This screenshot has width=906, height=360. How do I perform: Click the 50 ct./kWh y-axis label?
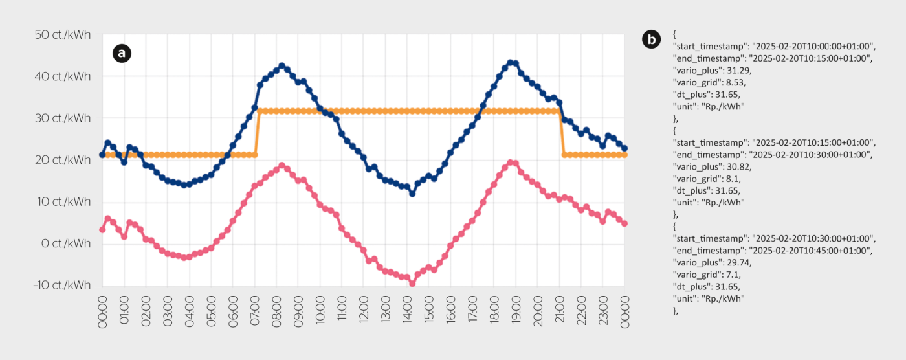[63, 35]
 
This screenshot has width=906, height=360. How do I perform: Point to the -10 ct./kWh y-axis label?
[60, 286]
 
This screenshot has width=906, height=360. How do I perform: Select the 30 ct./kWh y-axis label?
[63, 118]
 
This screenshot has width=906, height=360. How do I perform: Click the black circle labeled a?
[122, 52]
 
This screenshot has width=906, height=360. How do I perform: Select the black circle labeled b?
[651, 39]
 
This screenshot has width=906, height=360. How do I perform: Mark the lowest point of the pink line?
[412, 284]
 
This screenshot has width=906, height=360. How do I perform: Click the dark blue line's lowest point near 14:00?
[412, 194]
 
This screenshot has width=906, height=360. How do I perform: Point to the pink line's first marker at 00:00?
[102, 229]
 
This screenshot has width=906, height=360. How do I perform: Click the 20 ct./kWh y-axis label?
[63, 160]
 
